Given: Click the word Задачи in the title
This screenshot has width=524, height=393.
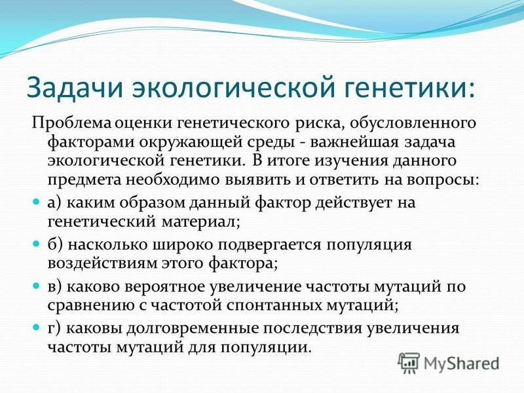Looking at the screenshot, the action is [73, 87].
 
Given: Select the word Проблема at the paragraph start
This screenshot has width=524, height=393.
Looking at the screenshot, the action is [71, 123].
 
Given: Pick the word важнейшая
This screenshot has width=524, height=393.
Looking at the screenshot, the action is [354, 141].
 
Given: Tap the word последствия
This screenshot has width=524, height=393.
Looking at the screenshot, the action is [312, 329].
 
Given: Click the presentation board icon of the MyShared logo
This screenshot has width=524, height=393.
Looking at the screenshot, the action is [409, 363].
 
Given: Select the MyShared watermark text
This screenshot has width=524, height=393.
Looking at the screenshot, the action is [461, 364].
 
